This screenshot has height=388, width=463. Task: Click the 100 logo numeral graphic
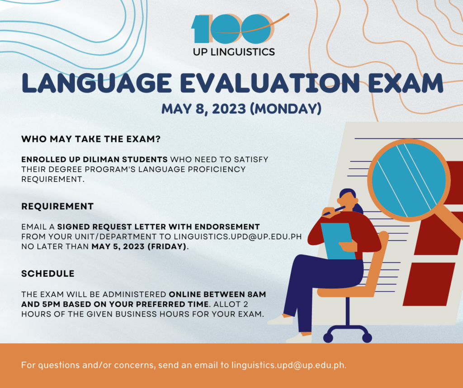point(233,28)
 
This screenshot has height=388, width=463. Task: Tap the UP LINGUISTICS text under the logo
point(234,52)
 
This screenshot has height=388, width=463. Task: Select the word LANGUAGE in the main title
point(97,83)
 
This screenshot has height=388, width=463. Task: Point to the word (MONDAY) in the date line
point(286,109)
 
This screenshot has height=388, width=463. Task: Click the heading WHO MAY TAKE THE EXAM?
point(90,139)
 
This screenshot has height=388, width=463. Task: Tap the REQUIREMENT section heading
point(57,206)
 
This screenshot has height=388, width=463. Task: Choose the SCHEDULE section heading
point(48,274)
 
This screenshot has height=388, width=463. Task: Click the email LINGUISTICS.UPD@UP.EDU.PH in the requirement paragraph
point(238,237)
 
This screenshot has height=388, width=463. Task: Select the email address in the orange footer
point(288,365)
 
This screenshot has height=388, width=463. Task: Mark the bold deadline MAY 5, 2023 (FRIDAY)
point(139,246)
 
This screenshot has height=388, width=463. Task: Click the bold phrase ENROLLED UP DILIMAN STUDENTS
point(94,160)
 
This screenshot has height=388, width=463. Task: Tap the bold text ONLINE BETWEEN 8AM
point(217,294)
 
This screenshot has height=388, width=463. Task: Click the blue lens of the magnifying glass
point(409,180)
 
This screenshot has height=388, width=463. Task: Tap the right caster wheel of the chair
point(367,337)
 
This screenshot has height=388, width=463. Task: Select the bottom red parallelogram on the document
point(429,284)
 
